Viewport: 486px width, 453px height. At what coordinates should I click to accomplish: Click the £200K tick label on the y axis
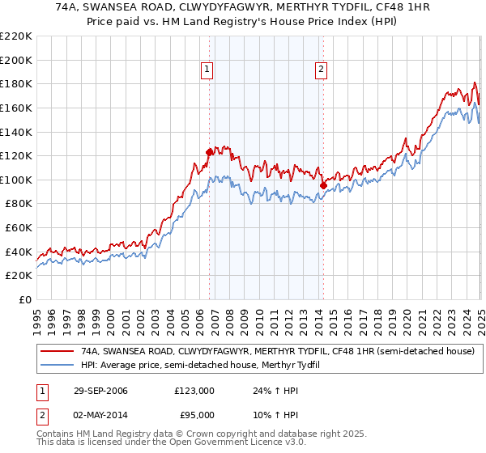(16, 60)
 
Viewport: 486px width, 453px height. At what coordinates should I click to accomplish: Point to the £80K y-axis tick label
(19, 204)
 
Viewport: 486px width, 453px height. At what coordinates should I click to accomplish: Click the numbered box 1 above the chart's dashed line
(208, 70)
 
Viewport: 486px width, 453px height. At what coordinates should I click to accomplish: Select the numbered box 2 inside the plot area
(322, 70)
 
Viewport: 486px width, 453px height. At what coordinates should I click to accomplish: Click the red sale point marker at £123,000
(210, 152)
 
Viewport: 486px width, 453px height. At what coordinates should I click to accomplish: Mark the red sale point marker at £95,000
(323, 185)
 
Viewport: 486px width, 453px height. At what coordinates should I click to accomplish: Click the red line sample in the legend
(58, 352)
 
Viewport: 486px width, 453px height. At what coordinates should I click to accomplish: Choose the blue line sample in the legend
(58, 366)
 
